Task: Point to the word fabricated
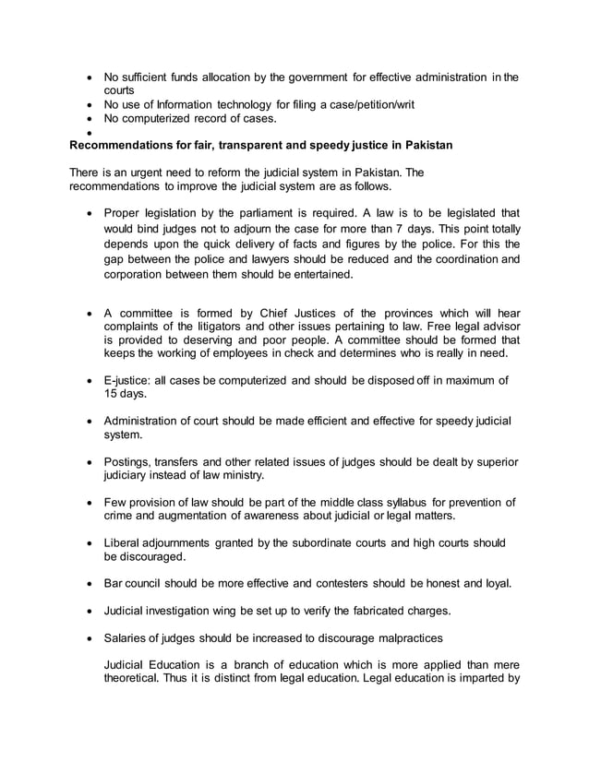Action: point(370,611)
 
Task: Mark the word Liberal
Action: point(125,542)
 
